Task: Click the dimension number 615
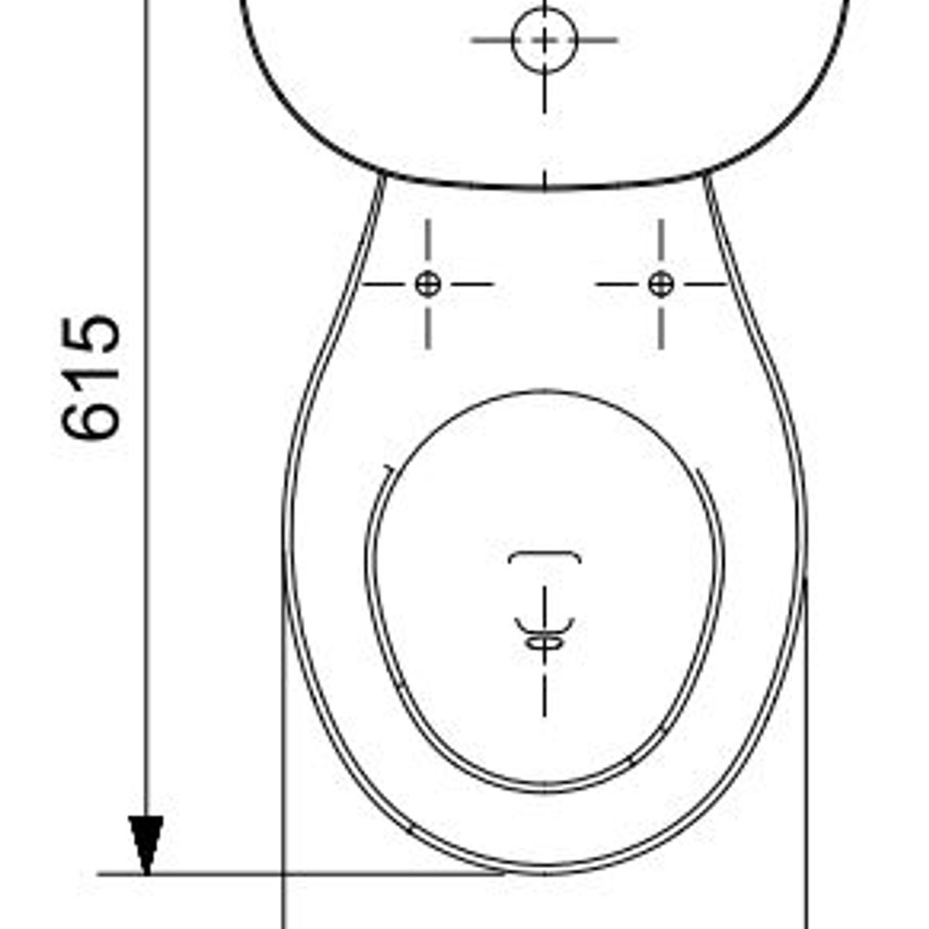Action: tap(91, 378)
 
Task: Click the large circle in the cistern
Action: tap(545, 40)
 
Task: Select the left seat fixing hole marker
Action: tap(427, 284)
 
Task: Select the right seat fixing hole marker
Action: tap(661, 284)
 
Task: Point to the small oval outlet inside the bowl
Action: tap(544, 643)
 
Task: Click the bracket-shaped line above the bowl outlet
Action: tap(545, 556)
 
